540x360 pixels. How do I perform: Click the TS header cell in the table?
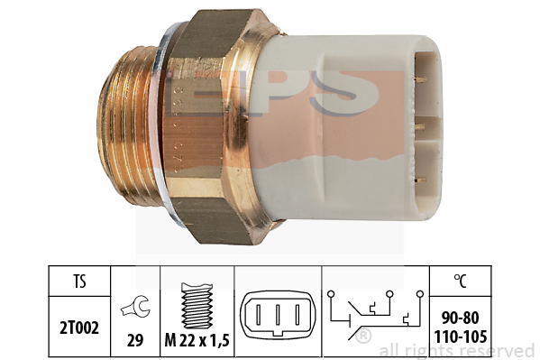coord(79,281)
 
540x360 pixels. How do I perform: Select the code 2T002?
coord(79,328)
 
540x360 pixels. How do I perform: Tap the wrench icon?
coord(135,307)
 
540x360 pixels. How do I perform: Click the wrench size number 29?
coord(135,340)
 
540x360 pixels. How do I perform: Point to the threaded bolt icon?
coord(197,306)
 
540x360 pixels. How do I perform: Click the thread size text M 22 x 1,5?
coord(197,341)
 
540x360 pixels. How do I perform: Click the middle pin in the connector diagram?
coord(278,314)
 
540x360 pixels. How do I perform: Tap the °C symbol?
coord(460,281)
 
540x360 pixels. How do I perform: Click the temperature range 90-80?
coord(460,318)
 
